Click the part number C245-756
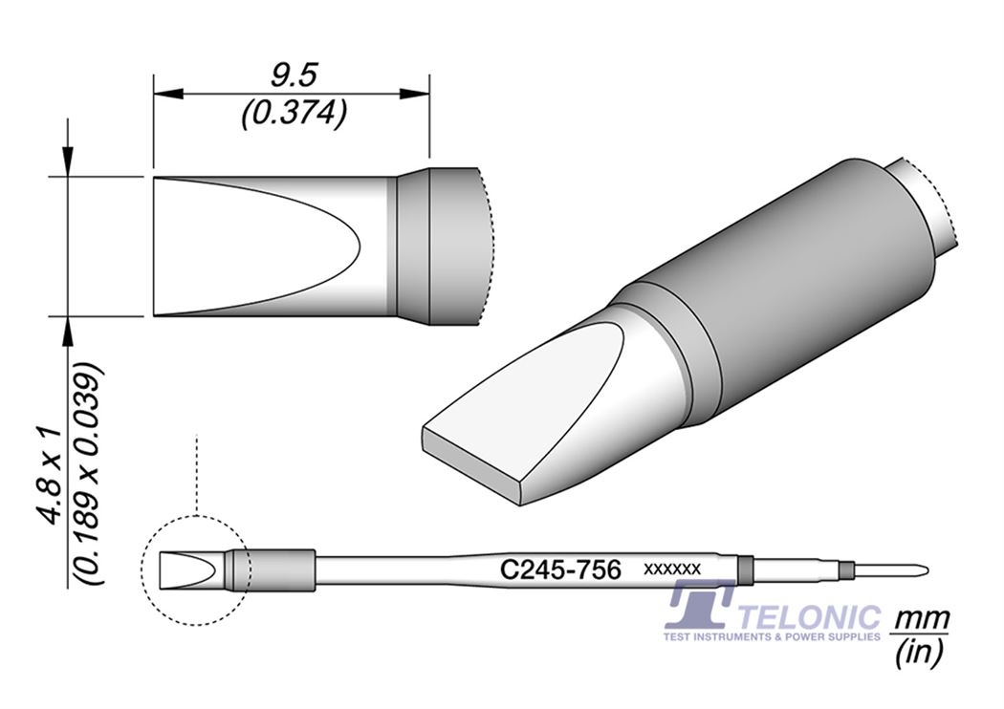(561, 570)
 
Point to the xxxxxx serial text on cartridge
(673, 569)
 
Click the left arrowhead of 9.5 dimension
(166, 94)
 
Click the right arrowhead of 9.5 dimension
(414, 94)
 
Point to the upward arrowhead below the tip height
(68, 330)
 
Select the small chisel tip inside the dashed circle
(191, 570)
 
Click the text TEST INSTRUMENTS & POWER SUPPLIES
(773, 635)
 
